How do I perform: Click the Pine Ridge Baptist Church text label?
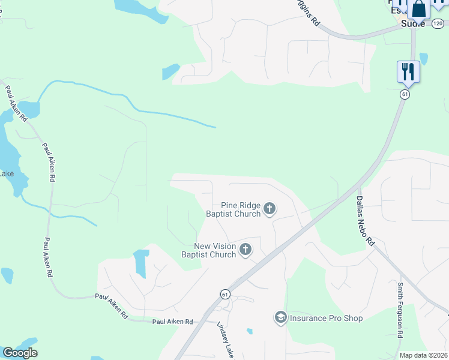coord(234,209)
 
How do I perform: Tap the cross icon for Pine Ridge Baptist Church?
coord(270,209)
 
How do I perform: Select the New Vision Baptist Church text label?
coord(209,250)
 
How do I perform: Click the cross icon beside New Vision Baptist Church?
coord(245,250)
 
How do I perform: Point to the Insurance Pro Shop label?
coord(326,318)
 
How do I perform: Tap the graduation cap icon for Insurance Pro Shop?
coord(280,317)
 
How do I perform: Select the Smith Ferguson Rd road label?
coord(400,310)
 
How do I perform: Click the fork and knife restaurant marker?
coord(408,71)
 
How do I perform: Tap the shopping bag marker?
coord(419,10)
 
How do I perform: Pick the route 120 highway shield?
coord(437,23)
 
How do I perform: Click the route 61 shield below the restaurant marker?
coord(406,94)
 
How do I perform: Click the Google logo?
coord(20,353)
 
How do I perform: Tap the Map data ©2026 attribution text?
coord(423,355)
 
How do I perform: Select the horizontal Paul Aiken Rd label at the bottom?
coord(172,322)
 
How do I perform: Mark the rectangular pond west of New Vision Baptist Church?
coord(141,263)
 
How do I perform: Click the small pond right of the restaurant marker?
coord(424,59)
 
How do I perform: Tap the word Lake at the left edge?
coord(7,174)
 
